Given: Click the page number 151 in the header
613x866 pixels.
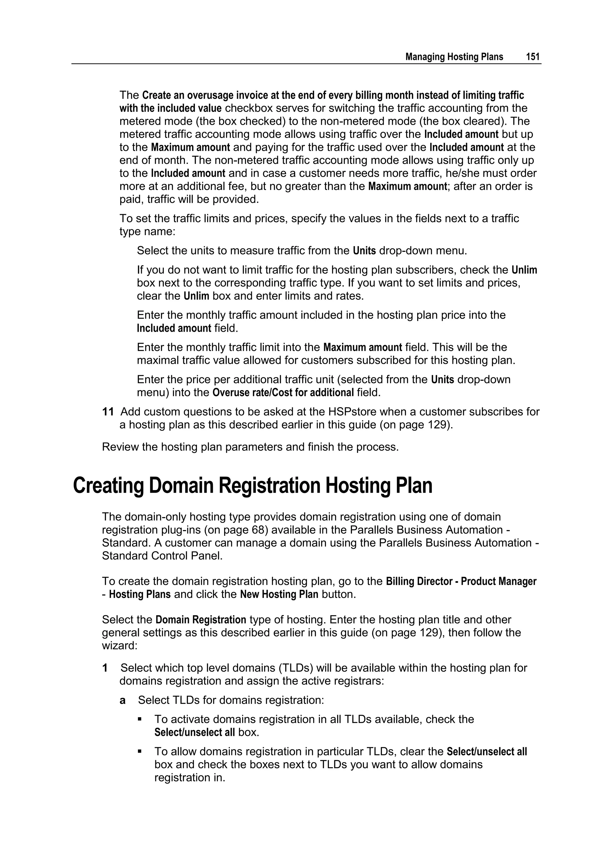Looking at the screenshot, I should tap(533, 57).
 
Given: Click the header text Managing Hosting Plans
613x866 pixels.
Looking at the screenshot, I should tap(454, 57).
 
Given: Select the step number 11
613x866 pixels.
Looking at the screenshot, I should tap(108, 412).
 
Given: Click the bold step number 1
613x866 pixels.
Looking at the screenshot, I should tap(105, 668).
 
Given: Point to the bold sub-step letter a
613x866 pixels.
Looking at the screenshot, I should tap(122, 700).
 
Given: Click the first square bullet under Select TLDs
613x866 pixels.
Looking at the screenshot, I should tap(140, 719).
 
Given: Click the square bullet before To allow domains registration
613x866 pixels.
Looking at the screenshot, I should tap(140, 751).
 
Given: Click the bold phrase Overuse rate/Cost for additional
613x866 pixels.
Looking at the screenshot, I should tap(283, 393).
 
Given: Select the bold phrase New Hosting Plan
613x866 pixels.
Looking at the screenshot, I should tap(279, 594).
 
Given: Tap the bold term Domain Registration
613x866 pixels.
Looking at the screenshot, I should tap(201, 620).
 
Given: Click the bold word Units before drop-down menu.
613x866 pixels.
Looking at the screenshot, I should tap(364, 251).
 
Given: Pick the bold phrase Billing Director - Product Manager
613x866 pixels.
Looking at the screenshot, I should tap(461, 582).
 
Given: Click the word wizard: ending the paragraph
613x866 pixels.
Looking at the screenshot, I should tap(119, 646).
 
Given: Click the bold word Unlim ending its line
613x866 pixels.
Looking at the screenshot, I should tap(524, 270).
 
